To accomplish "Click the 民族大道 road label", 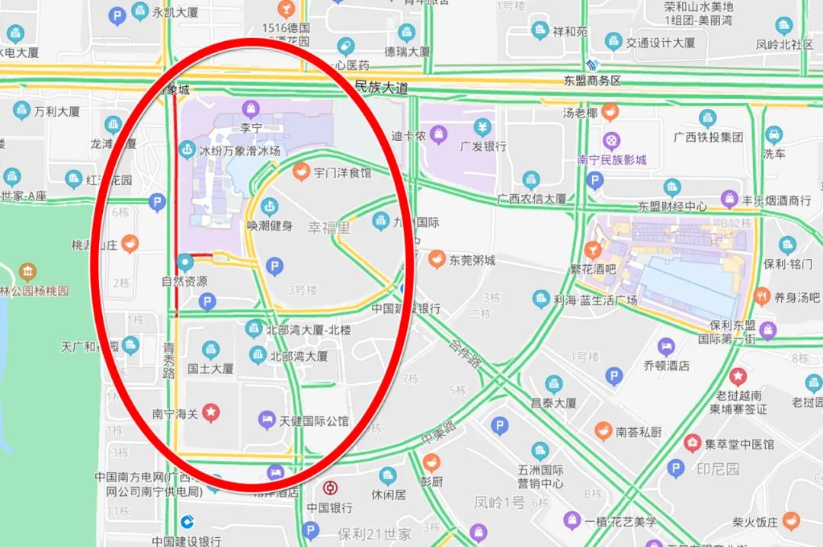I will pyautogui.click(x=381, y=88).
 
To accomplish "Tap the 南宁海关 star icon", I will pyautogui.click(x=211, y=414).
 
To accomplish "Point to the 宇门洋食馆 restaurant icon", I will pyautogui.click(x=301, y=173).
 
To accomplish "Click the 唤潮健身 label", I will pyautogui.click(x=269, y=226).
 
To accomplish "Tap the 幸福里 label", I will pyautogui.click(x=329, y=227).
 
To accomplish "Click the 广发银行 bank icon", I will pyautogui.click(x=482, y=126).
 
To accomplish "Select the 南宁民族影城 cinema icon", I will pyautogui.click(x=611, y=141).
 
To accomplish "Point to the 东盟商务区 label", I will pyautogui.click(x=593, y=81).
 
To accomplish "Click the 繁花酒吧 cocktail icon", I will pyautogui.click(x=593, y=250).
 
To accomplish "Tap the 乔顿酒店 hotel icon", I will pyautogui.click(x=666, y=347).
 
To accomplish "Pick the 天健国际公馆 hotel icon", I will pyautogui.click(x=266, y=420).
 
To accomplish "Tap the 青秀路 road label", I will pyautogui.click(x=169, y=360).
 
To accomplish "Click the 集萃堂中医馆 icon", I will pyautogui.click(x=692, y=443).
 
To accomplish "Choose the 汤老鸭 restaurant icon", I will pyautogui.click(x=610, y=114).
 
